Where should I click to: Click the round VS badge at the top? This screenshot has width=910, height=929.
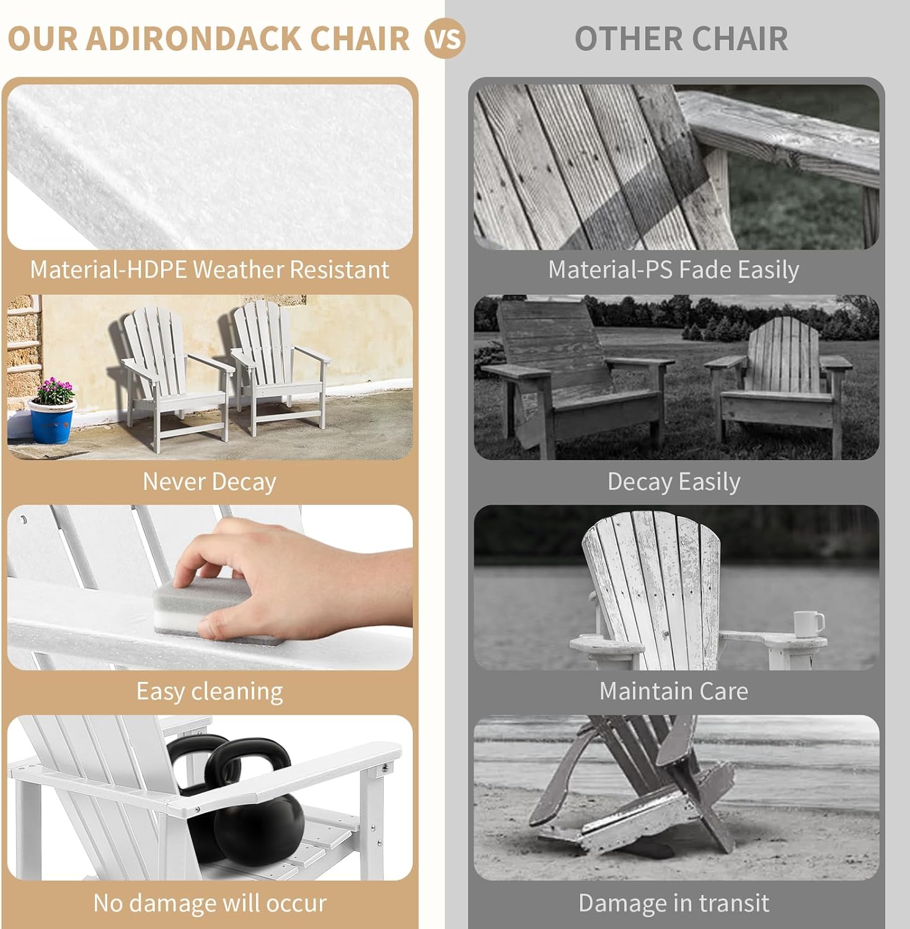click(444, 39)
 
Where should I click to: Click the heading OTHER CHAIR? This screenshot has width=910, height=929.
click(681, 38)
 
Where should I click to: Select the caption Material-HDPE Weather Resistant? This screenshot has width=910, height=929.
click(210, 270)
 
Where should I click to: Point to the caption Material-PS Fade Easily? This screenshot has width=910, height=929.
click(673, 270)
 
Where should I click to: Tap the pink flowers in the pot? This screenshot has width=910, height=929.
click(55, 391)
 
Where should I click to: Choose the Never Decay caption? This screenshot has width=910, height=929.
click(210, 482)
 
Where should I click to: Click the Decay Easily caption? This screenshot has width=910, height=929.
click(673, 482)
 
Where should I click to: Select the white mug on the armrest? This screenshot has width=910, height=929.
click(808, 624)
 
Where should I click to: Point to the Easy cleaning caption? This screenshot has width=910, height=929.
click(210, 691)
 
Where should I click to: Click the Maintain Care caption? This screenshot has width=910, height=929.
click(673, 691)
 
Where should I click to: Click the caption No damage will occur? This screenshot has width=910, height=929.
click(210, 903)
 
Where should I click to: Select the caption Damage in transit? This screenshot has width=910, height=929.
click(673, 903)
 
